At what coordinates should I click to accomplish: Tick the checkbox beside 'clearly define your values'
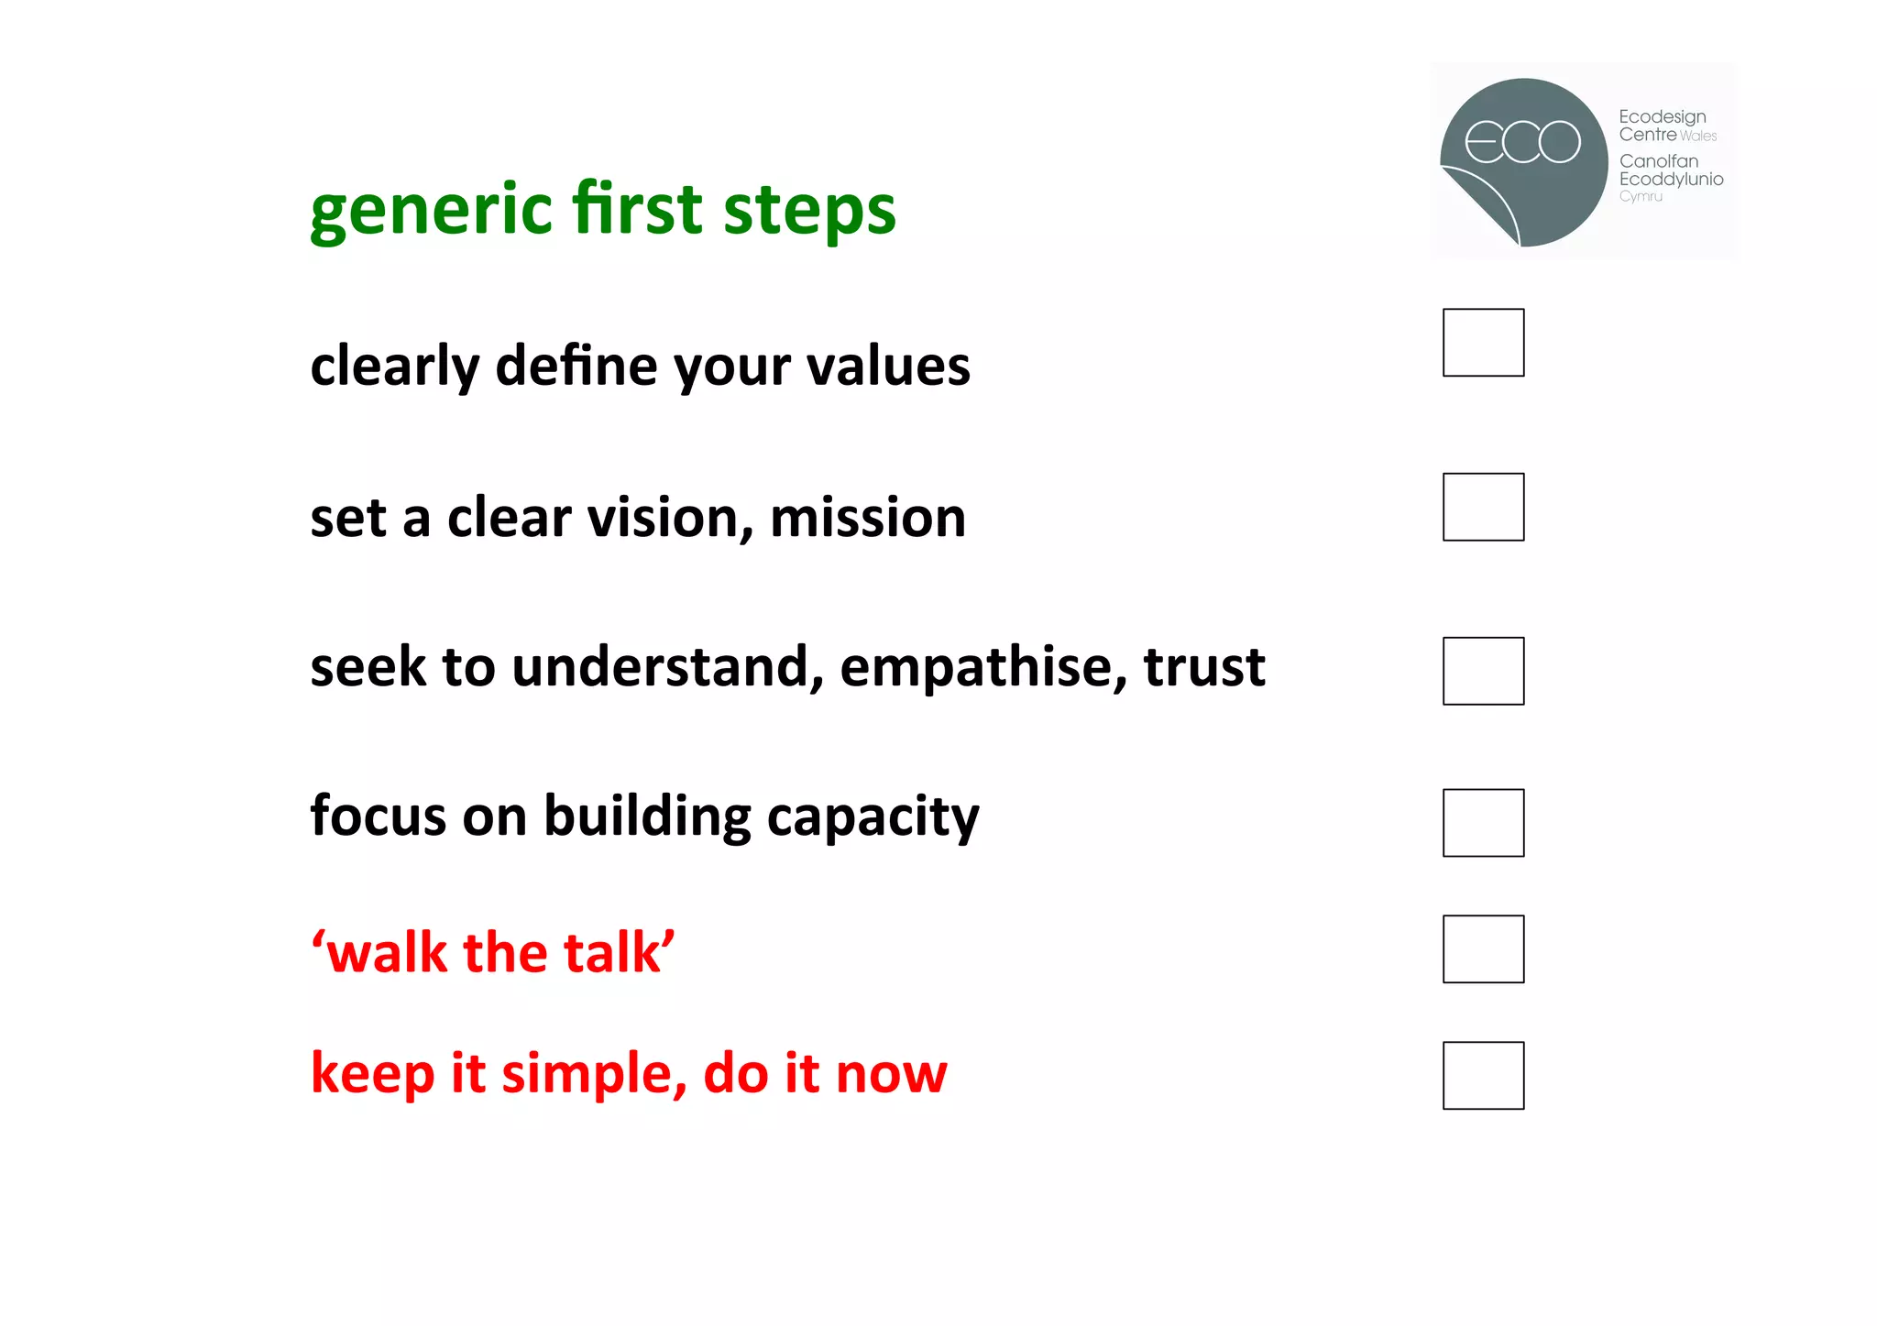[1483, 343]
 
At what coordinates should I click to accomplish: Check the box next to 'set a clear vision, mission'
[1483, 507]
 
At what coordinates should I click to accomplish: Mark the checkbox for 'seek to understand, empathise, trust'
[1483, 671]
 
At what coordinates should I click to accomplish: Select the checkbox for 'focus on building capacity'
[1483, 823]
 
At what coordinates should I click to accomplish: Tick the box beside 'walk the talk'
[1483, 949]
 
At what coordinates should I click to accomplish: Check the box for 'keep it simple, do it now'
[1483, 1076]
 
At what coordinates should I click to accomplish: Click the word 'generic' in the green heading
[431, 210]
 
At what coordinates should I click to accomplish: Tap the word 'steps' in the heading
[809, 210]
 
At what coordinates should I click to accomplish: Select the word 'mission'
[867, 518]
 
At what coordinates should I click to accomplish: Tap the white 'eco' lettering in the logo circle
[1522, 142]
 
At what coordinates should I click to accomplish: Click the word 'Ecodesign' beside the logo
[1662, 117]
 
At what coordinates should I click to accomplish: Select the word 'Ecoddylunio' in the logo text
[1671, 180]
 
